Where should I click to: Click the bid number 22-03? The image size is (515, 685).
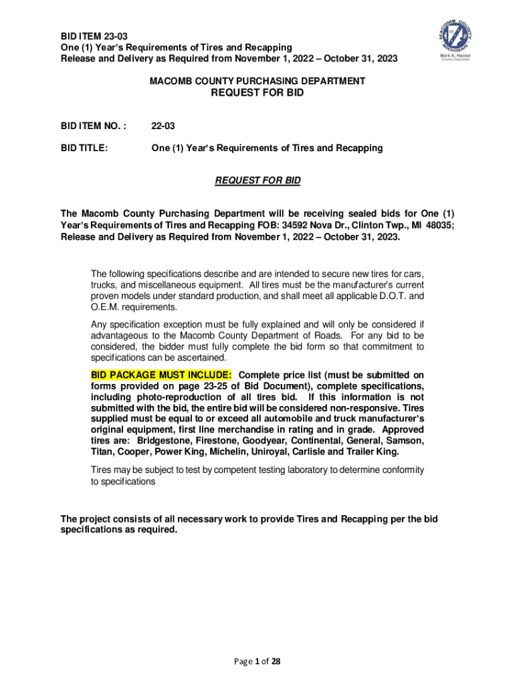pyautogui.click(x=164, y=125)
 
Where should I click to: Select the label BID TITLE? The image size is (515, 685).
pyautogui.click(x=84, y=148)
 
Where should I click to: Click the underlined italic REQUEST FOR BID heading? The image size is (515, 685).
pyautogui.click(x=257, y=181)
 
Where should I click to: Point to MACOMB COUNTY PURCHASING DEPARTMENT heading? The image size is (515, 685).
pyautogui.click(x=257, y=81)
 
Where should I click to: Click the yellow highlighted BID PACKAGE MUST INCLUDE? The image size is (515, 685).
pyautogui.click(x=161, y=375)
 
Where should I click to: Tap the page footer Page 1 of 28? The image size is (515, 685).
pyautogui.click(x=257, y=662)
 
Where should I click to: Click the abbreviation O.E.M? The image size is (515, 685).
pyautogui.click(x=106, y=307)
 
